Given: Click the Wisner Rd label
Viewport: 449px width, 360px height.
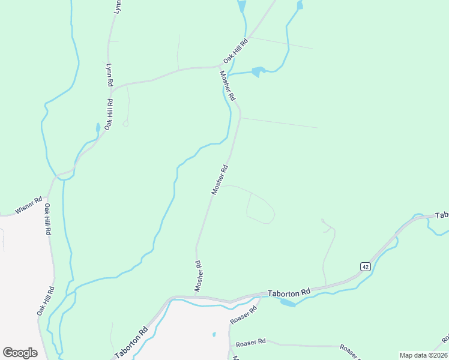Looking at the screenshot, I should (x=29, y=205).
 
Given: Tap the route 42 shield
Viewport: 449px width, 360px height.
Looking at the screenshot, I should (x=364, y=266).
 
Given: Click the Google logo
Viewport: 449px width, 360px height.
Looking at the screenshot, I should (x=20, y=353).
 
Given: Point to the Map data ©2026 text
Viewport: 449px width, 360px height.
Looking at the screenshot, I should (x=423, y=355).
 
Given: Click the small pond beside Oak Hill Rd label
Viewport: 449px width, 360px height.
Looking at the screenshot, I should (x=98, y=128).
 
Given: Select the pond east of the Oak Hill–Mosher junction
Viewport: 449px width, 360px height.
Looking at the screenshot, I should (x=258, y=72).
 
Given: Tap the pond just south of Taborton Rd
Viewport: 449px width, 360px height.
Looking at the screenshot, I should (x=288, y=302).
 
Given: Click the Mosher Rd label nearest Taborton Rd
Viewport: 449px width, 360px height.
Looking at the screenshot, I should (x=198, y=276).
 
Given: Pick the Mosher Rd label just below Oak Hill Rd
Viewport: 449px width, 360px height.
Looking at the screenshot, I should (x=228, y=86).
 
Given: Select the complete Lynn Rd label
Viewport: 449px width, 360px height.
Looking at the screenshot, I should (x=109, y=77).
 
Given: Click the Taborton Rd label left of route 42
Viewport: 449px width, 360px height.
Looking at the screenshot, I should (x=289, y=292).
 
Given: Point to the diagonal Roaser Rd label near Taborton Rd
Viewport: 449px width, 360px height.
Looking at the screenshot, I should (x=243, y=315).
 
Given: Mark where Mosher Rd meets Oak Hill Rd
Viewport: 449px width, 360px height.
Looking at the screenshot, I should (x=219, y=67).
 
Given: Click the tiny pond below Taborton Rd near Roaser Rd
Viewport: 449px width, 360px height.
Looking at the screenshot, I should (x=214, y=334).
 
